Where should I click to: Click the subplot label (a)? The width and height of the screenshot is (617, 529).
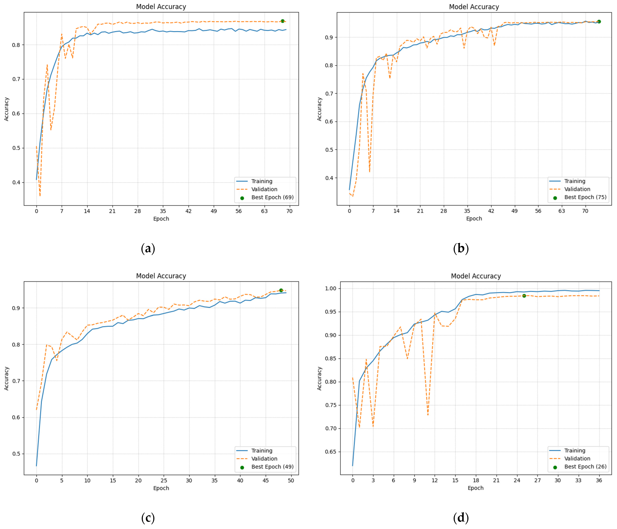click(x=148, y=248)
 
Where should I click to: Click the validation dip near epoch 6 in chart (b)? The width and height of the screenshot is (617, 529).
click(x=369, y=172)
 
